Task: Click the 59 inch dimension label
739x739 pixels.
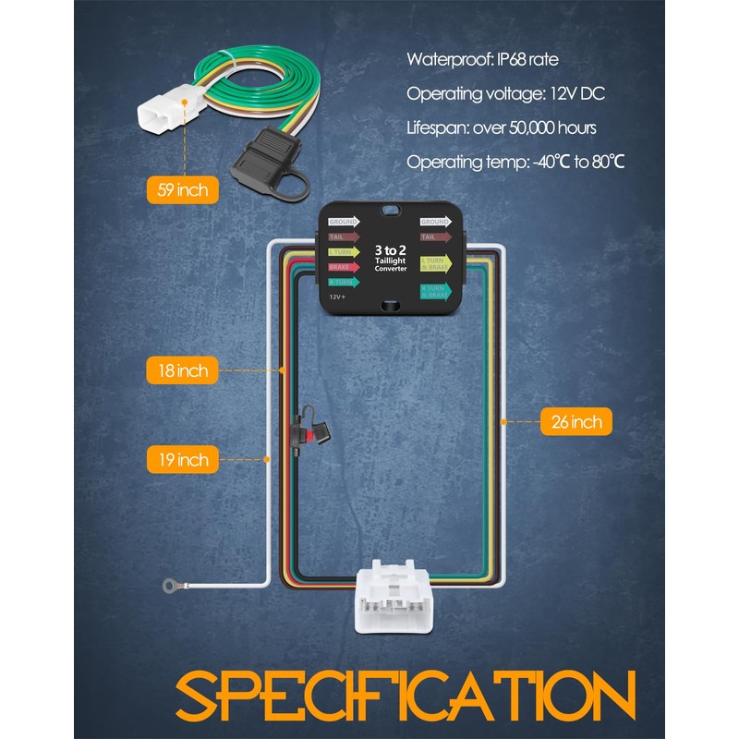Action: tap(183, 191)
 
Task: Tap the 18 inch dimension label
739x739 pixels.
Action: tap(182, 370)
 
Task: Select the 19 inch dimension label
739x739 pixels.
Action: tap(182, 459)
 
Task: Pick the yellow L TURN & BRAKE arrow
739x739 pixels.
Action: tap(435, 264)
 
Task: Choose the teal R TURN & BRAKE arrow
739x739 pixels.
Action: tap(435, 292)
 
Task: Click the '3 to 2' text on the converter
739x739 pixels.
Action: tap(390, 250)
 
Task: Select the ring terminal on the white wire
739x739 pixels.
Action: tap(170, 584)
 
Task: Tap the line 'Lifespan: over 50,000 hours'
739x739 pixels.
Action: tap(502, 128)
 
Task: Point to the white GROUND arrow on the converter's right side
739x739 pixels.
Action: tap(435, 222)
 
